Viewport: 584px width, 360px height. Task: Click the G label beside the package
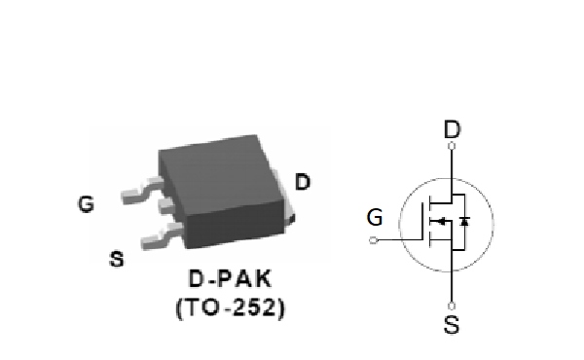tap(86, 204)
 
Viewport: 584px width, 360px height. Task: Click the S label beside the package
tap(117, 259)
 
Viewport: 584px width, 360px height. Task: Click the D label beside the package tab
tap(303, 182)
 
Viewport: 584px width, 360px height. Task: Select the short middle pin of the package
tap(168, 206)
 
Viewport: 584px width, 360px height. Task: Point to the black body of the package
tap(222, 191)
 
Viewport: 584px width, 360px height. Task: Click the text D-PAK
tap(230, 278)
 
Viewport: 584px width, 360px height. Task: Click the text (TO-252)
tap(230, 307)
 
